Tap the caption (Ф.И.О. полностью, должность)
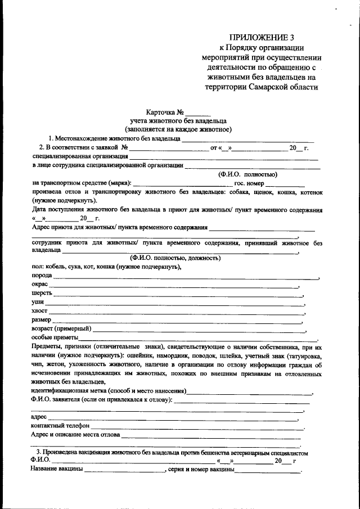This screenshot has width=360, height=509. tap(172, 258)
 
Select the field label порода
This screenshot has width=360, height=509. tap(42, 276)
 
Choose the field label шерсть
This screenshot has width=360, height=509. tap(43, 294)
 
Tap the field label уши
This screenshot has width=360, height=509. tap(38, 303)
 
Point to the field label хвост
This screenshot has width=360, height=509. tap(40, 311)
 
